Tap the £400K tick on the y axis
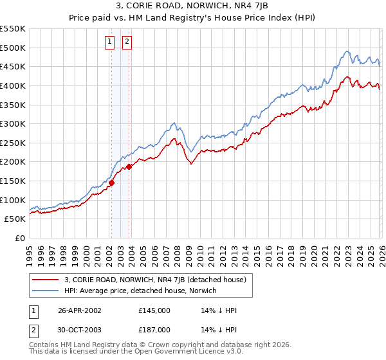point(12,85)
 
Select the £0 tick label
point(19,239)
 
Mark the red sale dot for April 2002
point(111,183)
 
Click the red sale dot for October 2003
point(129,166)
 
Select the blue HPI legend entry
point(142,291)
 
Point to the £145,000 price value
point(154,310)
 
